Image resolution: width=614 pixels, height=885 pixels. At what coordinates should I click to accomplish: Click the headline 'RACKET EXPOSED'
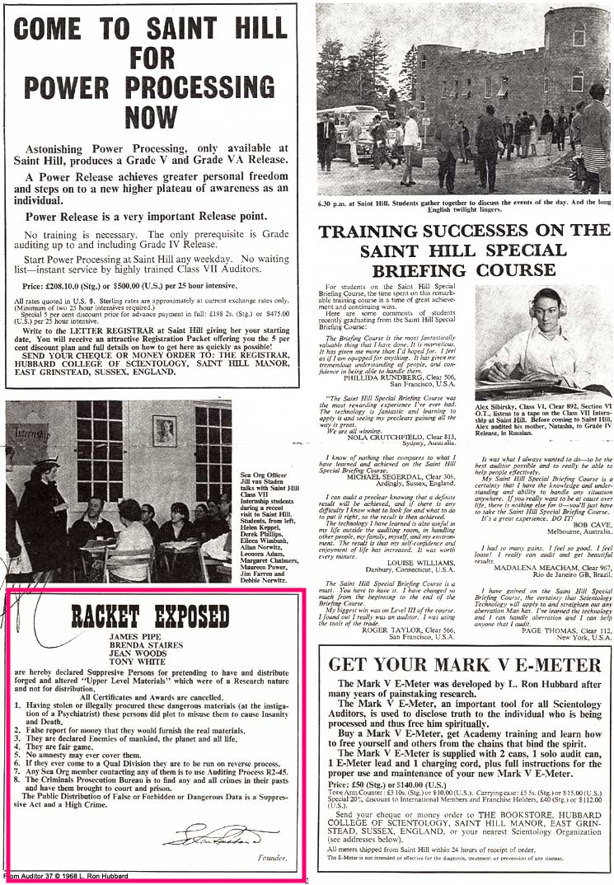point(149,616)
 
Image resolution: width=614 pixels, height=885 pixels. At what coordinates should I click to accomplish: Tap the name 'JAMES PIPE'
point(134,638)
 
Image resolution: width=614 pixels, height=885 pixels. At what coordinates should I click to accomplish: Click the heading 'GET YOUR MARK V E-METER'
point(464,664)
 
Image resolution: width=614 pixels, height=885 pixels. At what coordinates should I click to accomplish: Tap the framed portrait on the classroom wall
point(165,430)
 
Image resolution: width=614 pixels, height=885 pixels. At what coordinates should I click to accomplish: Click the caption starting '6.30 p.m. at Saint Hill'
point(463,205)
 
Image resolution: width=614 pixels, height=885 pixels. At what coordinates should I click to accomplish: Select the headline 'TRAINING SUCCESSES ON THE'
point(464,232)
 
